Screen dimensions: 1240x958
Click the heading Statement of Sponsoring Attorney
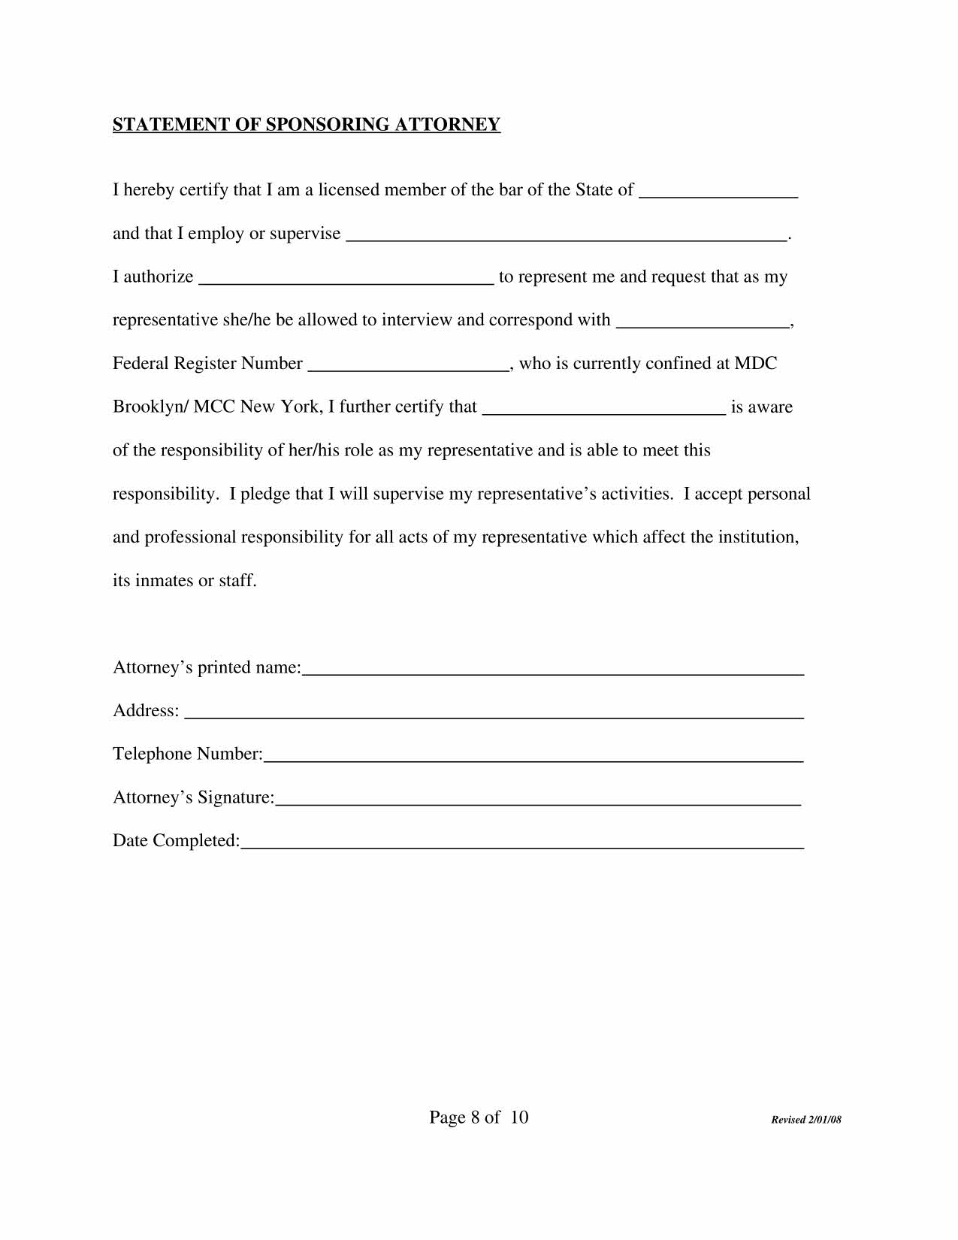tap(306, 125)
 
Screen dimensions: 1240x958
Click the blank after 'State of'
tap(718, 191)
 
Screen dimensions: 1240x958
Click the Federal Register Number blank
tap(409, 365)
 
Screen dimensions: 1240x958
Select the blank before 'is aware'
tap(603, 408)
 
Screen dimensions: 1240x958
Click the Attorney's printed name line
tap(552, 669)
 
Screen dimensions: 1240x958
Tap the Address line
tap(494, 712)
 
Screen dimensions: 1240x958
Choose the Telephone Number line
tap(533, 755)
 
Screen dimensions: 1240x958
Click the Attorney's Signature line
tap(538, 799)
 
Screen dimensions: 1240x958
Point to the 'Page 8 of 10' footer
tap(479, 1118)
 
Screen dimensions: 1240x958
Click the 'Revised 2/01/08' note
tap(806, 1121)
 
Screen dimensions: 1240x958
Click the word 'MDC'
tap(755, 364)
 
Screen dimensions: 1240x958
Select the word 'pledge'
tap(264, 494)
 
